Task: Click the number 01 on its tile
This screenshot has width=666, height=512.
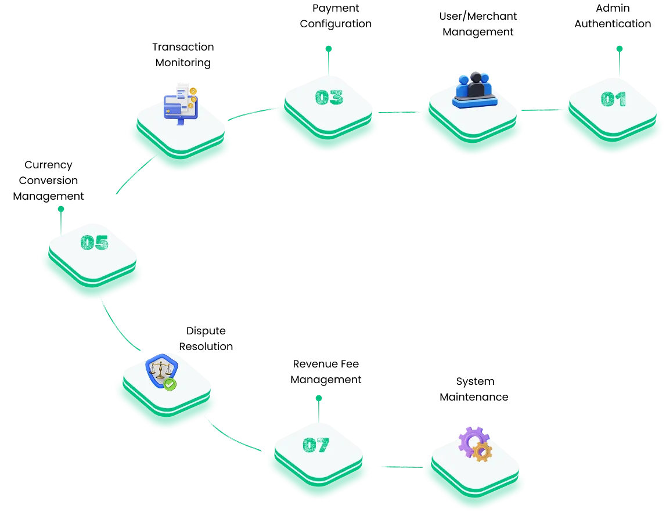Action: click(x=613, y=99)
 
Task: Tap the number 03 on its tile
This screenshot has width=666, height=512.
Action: click(x=329, y=97)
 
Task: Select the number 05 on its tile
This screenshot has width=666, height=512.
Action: click(x=95, y=242)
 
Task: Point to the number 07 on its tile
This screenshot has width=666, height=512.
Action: click(x=316, y=445)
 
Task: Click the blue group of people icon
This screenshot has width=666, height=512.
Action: click(x=475, y=90)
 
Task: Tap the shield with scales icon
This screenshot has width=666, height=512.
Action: click(x=160, y=370)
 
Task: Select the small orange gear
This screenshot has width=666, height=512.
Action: click(x=482, y=452)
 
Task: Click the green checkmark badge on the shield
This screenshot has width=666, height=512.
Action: click(x=170, y=384)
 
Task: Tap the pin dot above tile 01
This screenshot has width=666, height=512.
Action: click(x=619, y=48)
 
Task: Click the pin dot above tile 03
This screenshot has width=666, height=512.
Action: click(x=329, y=48)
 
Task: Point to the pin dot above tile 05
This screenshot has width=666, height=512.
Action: click(x=60, y=208)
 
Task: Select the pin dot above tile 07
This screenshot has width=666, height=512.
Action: click(x=318, y=398)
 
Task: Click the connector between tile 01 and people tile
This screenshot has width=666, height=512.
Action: click(x=539, y=109)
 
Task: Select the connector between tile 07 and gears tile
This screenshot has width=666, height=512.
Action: click(x=399, y=467)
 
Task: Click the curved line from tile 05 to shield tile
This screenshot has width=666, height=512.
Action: click(x=116, y=331)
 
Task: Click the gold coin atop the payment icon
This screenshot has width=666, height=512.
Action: click(x=193, y=91)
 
